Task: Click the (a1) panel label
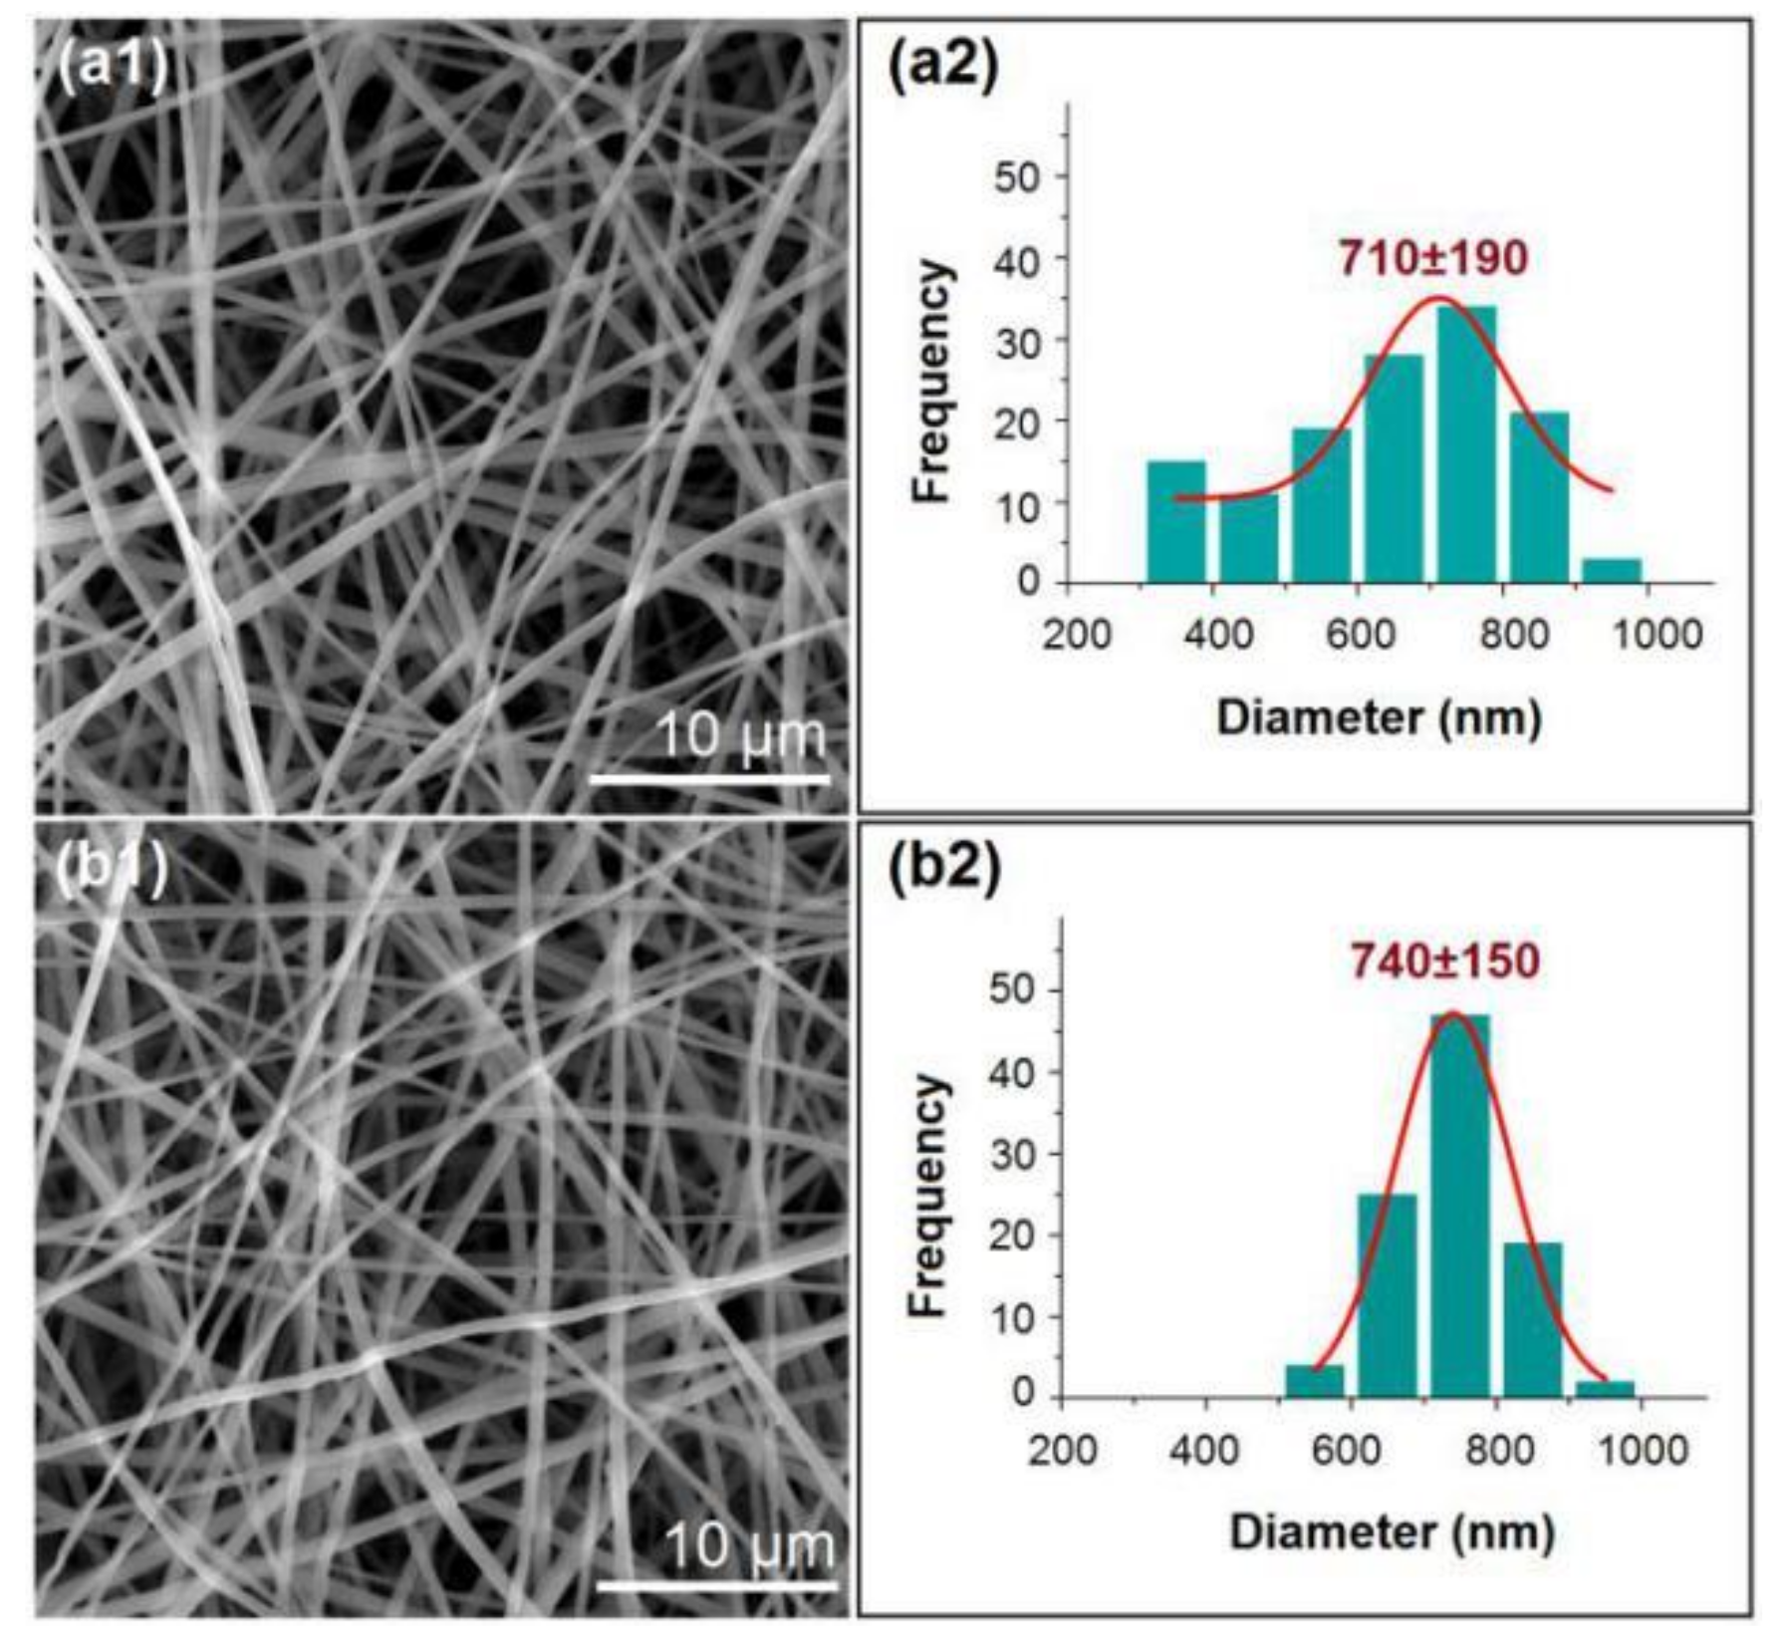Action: (112, 68)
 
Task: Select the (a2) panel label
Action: (942, 68)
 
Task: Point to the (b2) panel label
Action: (942, 869)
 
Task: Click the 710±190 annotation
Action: (1432, 259)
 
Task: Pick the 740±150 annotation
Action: (1444, 961)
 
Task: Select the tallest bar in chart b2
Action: (1460, 1205)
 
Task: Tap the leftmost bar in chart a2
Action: (1176, 522)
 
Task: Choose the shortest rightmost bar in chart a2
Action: (1612, 571)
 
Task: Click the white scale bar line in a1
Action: (709, 778)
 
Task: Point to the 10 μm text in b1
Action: (748, 1547)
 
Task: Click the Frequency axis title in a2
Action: (932, 381)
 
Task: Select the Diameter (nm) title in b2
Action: (1392, 1531)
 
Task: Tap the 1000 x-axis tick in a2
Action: (1657, 635)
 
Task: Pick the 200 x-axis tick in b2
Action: (1063, 1449)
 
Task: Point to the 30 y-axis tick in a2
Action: (1016, 341)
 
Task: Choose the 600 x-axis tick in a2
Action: (1360, 635)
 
